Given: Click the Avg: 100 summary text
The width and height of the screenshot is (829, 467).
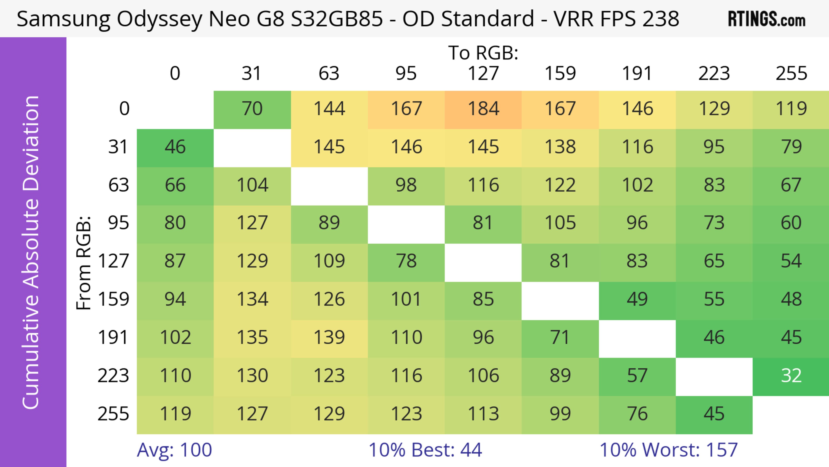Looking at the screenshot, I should (x=174, y=450).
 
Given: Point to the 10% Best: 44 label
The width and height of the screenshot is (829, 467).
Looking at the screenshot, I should (x=425, y=450).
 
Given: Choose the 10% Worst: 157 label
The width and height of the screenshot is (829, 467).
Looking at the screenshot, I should (x=668, y=450).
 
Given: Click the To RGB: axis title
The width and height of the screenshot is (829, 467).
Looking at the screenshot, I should (x=483, y=53).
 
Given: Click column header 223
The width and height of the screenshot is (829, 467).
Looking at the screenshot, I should (x=714, y=73).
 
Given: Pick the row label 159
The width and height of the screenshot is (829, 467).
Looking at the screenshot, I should (x=113, y=299).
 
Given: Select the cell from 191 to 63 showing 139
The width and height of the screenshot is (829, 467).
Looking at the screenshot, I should (x=329, y=338).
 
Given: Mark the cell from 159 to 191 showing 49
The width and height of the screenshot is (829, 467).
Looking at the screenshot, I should (x=637, y=299).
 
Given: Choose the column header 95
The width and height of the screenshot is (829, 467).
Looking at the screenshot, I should (x=406, y=73).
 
